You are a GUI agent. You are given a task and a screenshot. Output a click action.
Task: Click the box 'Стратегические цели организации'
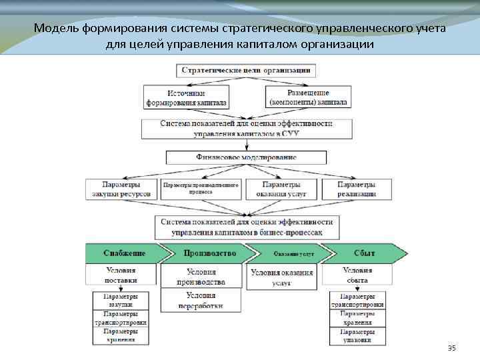247,70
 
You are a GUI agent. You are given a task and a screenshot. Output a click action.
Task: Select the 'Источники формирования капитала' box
187,99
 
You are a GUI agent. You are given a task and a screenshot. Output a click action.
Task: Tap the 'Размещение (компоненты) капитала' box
307,99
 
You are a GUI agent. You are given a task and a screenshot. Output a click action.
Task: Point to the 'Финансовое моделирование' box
247,157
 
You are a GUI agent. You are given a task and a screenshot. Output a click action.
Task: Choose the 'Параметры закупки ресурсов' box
121,189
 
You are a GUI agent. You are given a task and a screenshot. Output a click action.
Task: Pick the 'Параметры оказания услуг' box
280,189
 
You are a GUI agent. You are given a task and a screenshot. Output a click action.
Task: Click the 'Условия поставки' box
121,275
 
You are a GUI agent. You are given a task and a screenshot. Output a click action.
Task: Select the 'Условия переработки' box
201,301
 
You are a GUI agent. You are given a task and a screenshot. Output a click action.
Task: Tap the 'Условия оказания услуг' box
282,277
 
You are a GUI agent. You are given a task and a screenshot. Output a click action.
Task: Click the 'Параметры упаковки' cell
363,335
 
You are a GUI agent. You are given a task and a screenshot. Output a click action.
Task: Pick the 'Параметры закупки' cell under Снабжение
121,300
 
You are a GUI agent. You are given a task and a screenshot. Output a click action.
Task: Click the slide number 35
452,349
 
